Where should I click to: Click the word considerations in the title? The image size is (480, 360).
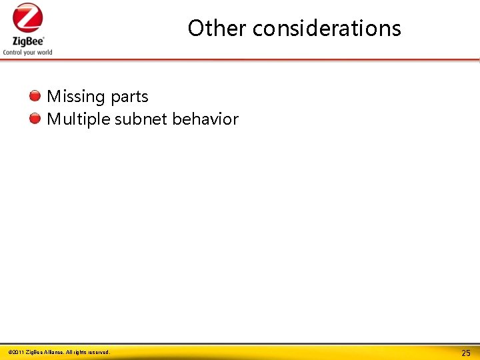327,28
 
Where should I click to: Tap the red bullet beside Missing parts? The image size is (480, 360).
35,96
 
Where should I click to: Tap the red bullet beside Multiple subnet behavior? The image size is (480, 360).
35,119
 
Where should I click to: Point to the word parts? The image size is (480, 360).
129,97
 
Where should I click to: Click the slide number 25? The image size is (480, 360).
466,353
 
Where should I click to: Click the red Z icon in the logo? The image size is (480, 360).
27,19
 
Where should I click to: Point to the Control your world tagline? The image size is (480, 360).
27,52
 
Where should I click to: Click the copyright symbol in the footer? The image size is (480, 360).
10,352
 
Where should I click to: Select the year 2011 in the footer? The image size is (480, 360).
18,352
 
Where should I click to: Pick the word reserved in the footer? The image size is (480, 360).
97,352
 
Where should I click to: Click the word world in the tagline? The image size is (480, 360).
43,52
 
